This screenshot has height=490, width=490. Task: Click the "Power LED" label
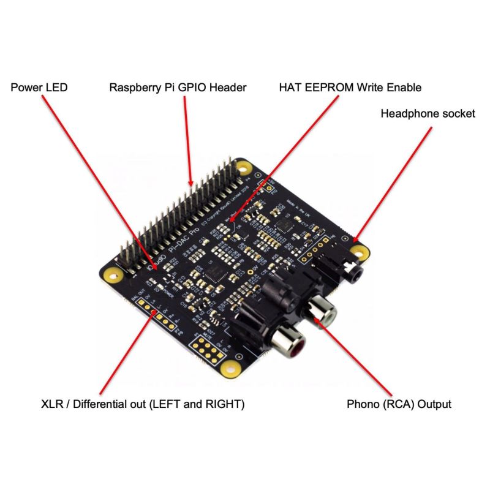pyautogui.click(x=39, y=88)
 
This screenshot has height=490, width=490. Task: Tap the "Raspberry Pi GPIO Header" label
pyautogui.click(x=178, y=88)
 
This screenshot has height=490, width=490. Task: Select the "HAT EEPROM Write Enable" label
pyautogui.click(x=350, y=88)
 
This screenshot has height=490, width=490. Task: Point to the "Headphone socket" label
pyautogui.click(x=428, y=113)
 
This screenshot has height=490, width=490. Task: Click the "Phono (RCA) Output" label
pyautogui.click(x=399, y=404)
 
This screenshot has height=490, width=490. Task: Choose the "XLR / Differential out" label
pyautogui.click(x=143, y=404)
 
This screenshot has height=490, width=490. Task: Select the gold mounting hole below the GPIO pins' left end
pyautogui.click(x=112, y=276)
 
